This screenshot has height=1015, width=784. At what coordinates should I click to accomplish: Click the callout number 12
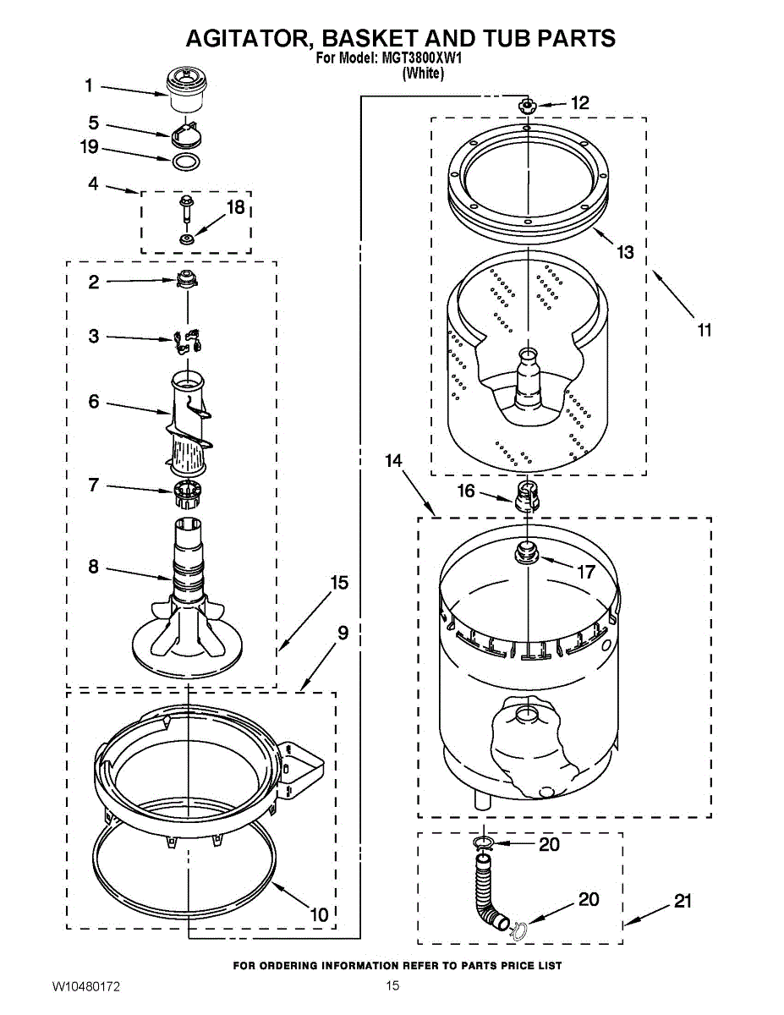pos(579,103)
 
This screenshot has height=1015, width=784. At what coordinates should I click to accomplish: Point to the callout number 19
pos(90,147)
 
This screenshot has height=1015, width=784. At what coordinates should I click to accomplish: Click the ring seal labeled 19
pos(185,161)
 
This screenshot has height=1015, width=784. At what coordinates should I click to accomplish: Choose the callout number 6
pos(94,401)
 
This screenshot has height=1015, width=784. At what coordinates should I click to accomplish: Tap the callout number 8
pos(93,567)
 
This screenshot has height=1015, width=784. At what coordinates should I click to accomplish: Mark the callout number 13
pos(625,252)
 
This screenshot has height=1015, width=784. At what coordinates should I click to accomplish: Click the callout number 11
pos(704,330)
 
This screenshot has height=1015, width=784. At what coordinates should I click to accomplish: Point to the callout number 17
pos(586,572)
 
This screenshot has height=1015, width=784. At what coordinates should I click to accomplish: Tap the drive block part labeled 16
pos(526,497)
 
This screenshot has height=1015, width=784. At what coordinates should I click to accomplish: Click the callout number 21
pos(683,902)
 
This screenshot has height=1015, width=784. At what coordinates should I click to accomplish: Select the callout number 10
pos(319,914)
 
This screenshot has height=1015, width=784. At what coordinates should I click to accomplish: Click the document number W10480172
pos(86,987)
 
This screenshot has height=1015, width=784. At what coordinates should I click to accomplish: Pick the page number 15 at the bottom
pos(392,985)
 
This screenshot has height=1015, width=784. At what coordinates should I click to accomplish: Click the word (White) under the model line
pos(422,74)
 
